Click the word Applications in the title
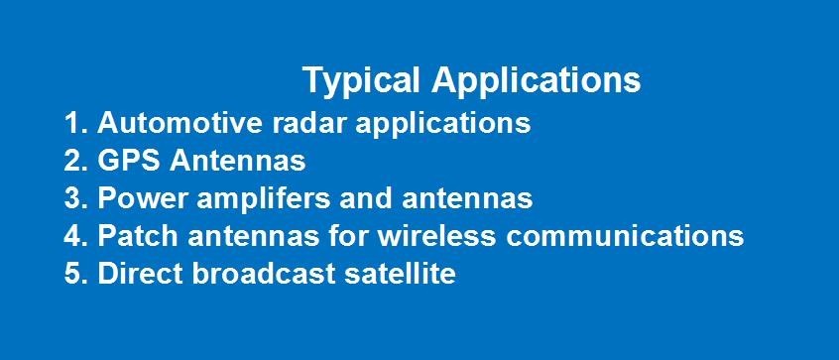click(537, 80)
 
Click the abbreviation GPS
click(128, 161)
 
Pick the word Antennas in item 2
click(237, 161)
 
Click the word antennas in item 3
click(467, 199)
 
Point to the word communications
click(625, 236)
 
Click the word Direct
click(140, 274)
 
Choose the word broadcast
click(264, 274)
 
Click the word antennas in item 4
click(253, 236)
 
